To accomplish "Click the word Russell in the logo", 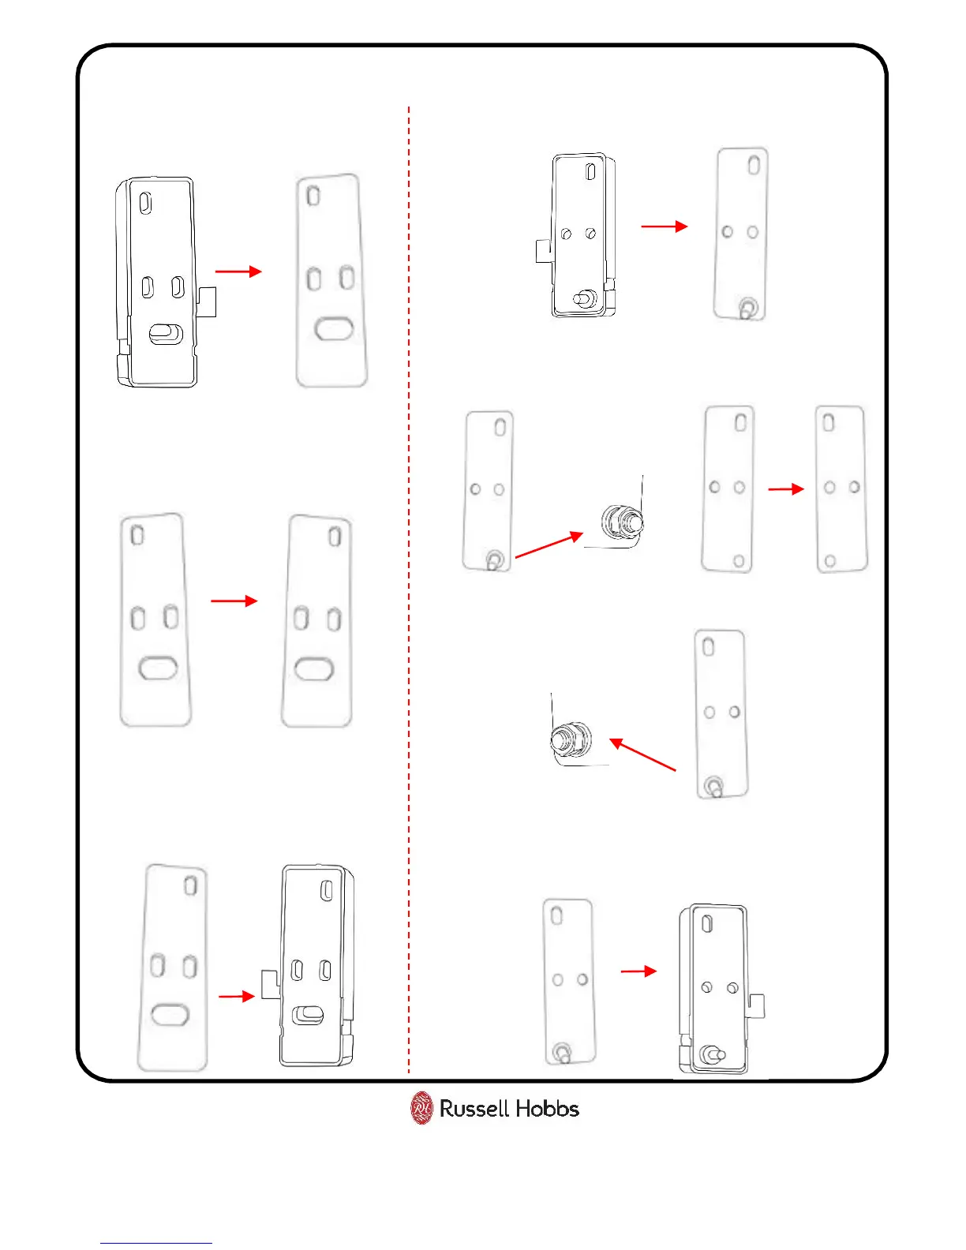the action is coord(474,1109).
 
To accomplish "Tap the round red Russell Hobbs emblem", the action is coord(422,1108).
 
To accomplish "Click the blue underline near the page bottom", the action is coord(156,1244).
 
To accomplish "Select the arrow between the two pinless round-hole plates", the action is coord(785,489).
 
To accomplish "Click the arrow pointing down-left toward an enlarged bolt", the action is coord(643,754).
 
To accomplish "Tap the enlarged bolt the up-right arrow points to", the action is coord(622,521).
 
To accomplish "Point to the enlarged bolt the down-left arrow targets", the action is coord(571,740).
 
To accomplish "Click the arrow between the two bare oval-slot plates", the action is coord(234,601).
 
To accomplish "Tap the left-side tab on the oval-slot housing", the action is coord(271,984).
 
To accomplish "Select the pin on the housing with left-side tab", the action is coord(584,299).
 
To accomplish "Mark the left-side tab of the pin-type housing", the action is coord(543,251).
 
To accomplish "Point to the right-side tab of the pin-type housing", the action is coord(757,1005).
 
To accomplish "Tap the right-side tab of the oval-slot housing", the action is coord(207,301).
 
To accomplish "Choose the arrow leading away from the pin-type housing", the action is coord(664,226).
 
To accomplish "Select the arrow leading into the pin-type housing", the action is coord(638,971).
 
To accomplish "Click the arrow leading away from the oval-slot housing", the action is coord(238,271).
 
